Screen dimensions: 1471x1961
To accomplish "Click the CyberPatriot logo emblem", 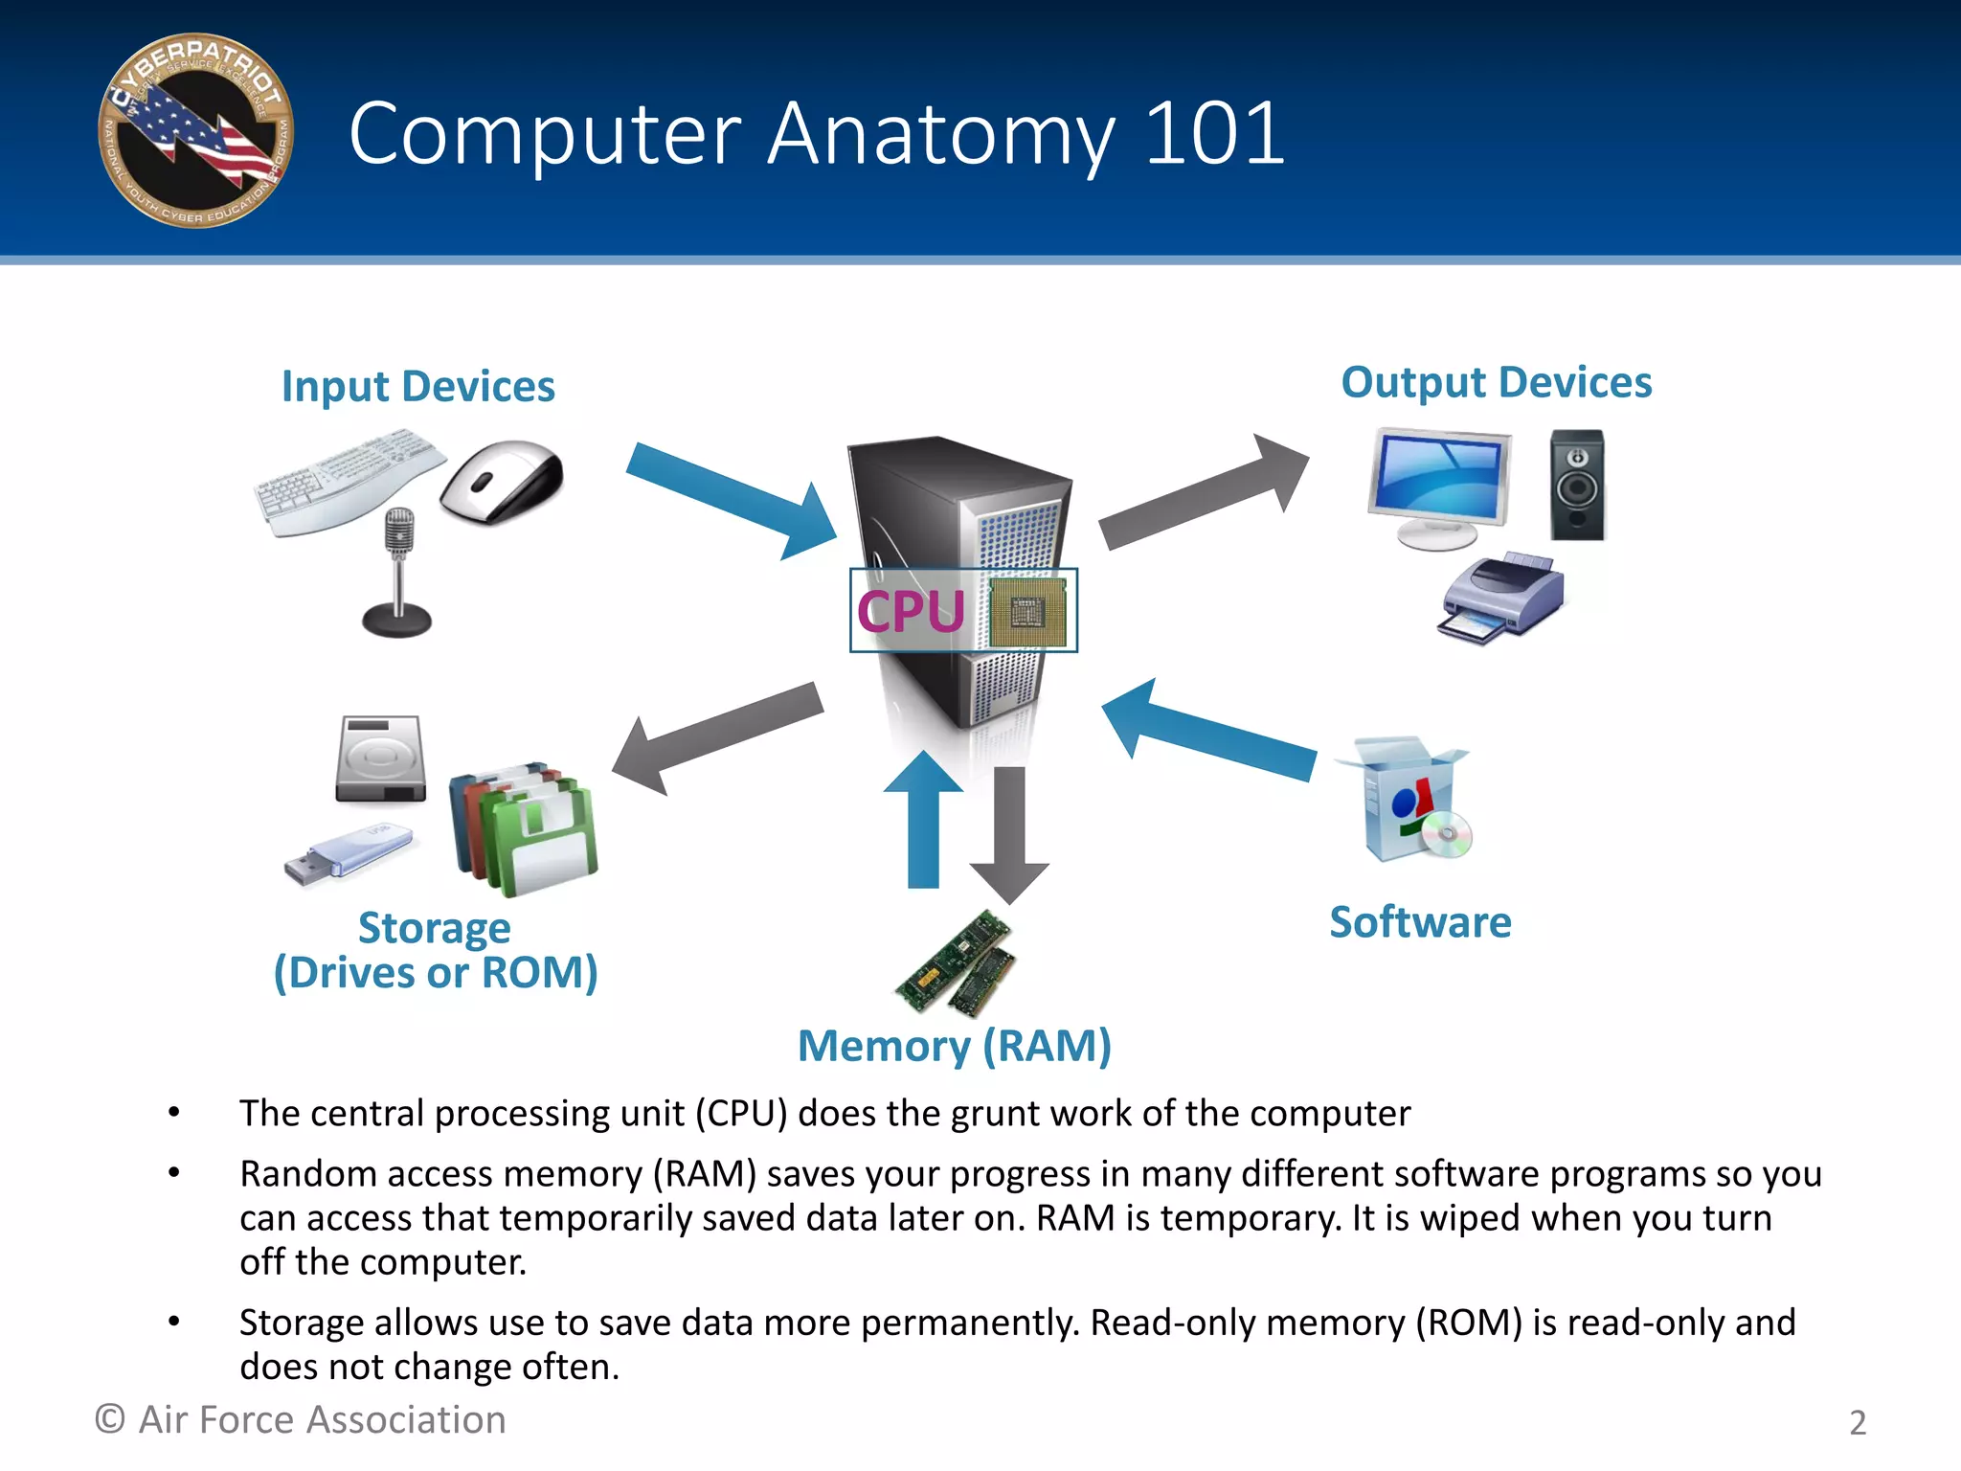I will (195, 131).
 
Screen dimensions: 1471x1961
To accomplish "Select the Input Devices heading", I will (417, 387).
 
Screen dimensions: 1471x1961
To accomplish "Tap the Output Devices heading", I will (1496, 382).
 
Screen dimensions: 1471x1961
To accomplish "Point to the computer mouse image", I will (503, 481).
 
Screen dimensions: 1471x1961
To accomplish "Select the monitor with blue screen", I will (1440, 487).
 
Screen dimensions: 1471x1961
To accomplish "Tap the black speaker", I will (1577, 485).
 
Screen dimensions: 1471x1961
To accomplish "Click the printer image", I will (1501, 598).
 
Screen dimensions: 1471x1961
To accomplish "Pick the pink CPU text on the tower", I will (910, 612).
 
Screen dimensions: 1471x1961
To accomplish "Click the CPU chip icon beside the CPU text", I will (1027, 612).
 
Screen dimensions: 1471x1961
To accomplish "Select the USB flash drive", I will (348, 854).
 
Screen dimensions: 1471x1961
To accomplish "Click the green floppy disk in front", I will (543, 838).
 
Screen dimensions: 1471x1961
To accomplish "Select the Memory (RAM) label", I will (955, 1046).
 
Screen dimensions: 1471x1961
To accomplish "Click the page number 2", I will (1857, 1423).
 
